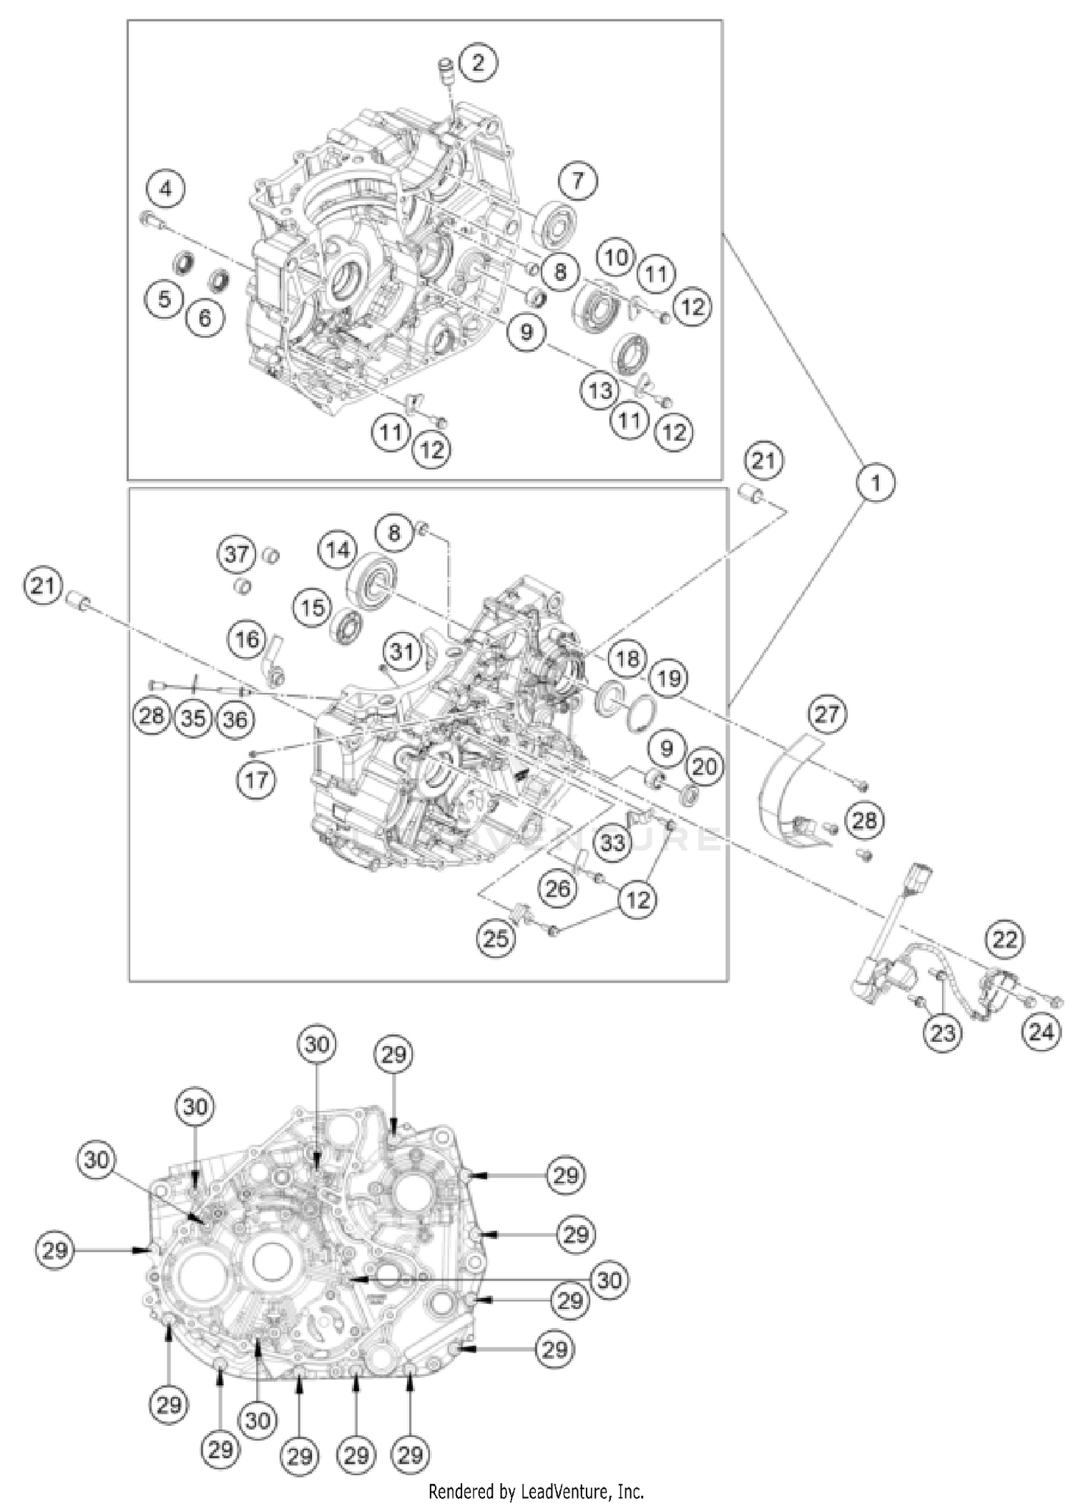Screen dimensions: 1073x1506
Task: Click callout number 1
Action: [876, 483]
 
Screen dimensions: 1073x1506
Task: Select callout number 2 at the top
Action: [478, 61]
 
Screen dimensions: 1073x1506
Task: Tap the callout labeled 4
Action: [166, 190]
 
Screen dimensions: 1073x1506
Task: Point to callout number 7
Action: [577, 181]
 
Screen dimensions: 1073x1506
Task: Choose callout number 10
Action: [617, 257]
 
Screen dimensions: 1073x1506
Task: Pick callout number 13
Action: [599, 390]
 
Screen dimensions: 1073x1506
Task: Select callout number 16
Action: [248, 639]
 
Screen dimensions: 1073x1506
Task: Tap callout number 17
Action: [257, 779]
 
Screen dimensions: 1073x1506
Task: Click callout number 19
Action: [669, 677]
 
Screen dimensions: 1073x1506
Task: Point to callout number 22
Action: [1004, 939]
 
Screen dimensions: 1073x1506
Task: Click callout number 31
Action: [401, 651]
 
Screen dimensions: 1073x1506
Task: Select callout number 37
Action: [237, 554]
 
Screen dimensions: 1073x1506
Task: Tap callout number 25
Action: [496, 937]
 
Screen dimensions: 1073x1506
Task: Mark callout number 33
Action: [612, 842]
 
